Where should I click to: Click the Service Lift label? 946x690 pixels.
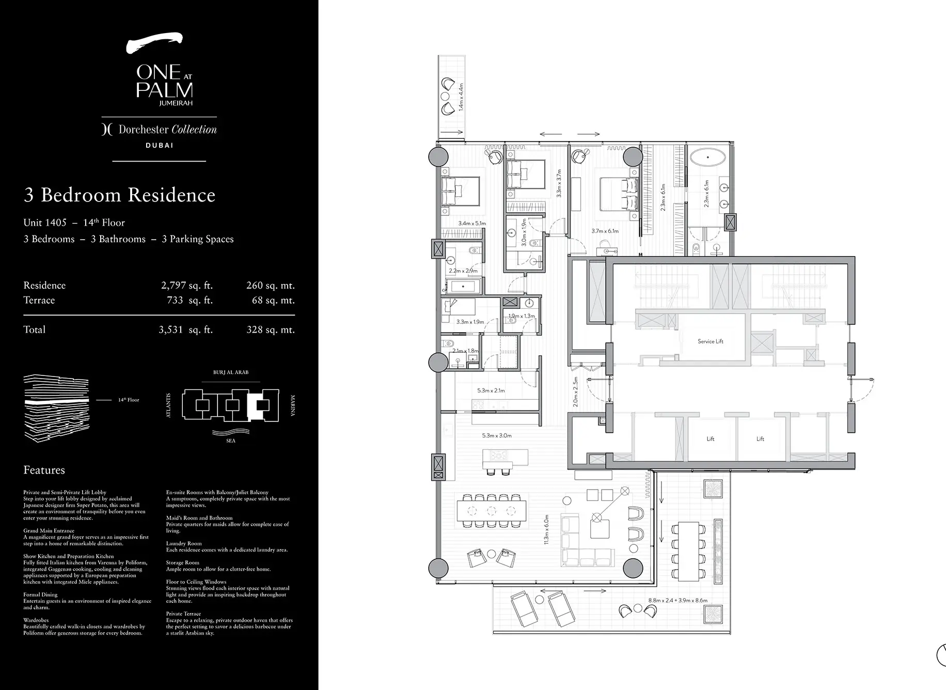pyautogui.click(x=710, y=341)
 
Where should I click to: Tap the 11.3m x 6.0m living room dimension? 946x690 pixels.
pyautogui.click(x=546, y=529)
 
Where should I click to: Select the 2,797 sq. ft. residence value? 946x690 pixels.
pyautogui.click(x=186, y=286)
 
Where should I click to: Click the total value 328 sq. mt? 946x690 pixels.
pyautogui.click(x=270, y=330)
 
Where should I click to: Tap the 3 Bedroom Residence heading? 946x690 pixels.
pyautogui.click(x=119, y=195)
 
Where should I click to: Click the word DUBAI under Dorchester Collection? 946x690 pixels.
pyautogui.click(x=159, y=146)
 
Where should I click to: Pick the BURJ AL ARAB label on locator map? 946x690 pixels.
pyautogui.click(x=230, y=372)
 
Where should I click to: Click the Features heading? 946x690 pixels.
pyautogui.click(x=44, y=471)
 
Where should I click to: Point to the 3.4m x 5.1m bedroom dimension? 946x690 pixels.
pyautogui.click(x=472, y=224)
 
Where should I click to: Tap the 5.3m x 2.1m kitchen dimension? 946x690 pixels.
pyautogui.click(x=491, y=391)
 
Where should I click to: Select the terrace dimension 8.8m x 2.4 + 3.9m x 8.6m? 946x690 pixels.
pyautogui.click(x=677, y=601)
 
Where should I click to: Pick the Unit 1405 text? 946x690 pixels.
pyautogui.click(x=45, y=223)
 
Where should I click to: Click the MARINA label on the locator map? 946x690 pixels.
pyautogui.click(x=292, y=406)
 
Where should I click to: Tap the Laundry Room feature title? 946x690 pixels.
pyautogui.click(x=184, y=543)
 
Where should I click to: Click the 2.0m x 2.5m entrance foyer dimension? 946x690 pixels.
pyautogui.click(x=576, y=391)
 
